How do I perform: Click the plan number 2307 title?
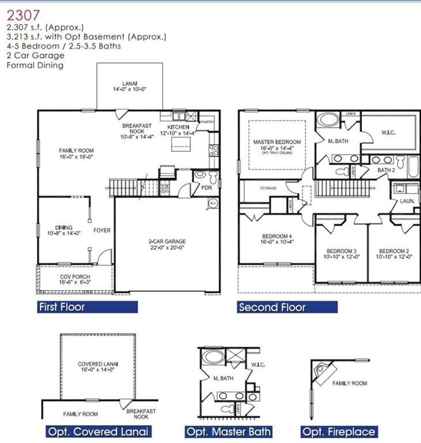click(23, 15)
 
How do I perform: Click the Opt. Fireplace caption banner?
click(338, 432)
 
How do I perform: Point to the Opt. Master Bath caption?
click(229, 432)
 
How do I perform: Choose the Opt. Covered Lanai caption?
click(98, 431)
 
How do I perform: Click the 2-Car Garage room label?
click(167, 244)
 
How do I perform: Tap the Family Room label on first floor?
click(76, 154)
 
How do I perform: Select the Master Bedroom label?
click(277, 145)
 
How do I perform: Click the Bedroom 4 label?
click(277, 239)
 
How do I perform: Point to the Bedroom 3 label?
click(341, 254)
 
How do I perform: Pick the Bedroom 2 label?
click(394, 254)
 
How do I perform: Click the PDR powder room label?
click(207, 188)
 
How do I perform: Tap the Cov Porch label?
click(75, 279)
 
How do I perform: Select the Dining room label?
click(64, 230)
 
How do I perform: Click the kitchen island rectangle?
click(181, 144)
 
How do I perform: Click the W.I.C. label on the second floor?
click(388, 133)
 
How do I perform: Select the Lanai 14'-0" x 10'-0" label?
click(130, 86)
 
